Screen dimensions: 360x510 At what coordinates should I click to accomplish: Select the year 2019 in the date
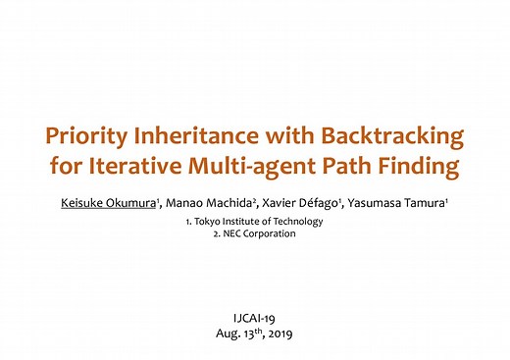point(285,334)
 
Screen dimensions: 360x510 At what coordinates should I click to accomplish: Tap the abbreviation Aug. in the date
point(228,334)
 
